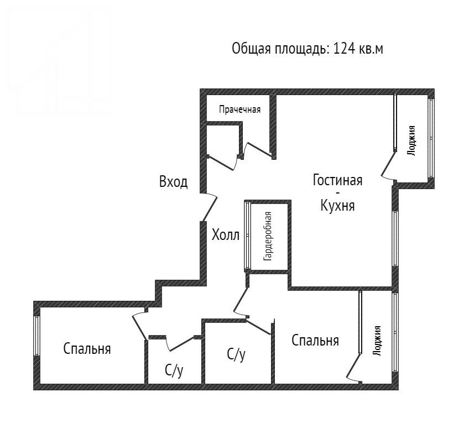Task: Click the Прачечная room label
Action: [x=239, y=109]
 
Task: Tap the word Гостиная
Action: [x=337, y=180]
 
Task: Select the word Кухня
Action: [x=337, y=206]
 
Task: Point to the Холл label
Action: [x=226, y=235]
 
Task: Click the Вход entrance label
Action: [x=174, y=181]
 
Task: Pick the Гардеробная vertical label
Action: [x=268, y=236]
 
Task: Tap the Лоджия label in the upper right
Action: [x=412, y=140]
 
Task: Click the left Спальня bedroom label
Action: [x=87, y=349]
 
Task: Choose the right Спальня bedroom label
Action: [x=315, y=341]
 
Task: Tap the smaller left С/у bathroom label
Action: [x=174, y=371]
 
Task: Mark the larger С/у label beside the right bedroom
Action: [x=236, y=355]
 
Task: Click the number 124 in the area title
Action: [x=343, y=49]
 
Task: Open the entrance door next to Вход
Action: [x=210, y=208]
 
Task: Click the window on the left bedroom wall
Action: [x=37, y=336]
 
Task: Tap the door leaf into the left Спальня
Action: [x=140, y=327]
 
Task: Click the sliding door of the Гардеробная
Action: [x=247, y=236]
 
